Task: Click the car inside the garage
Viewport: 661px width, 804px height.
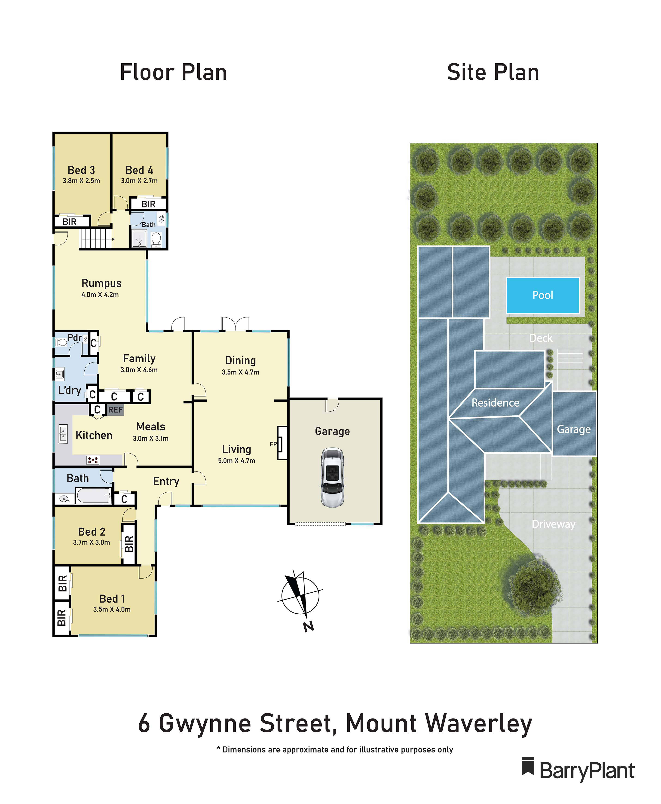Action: (x=332, y=477)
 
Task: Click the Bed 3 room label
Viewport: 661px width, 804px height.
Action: (x=81, y=170)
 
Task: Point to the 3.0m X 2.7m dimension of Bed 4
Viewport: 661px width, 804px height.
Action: (x=139, y=181)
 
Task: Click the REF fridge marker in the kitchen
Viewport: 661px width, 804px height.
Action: (x=115, y=410)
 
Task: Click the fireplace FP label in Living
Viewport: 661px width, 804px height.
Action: (x=273, y=444)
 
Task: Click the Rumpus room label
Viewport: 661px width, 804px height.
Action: (x=102, y=283)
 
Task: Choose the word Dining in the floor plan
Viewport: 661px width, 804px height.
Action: (x=240, y=360)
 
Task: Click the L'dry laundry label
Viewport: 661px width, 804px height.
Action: (x=69, y=390)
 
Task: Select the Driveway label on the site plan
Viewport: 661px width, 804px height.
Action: (x=553, y=524)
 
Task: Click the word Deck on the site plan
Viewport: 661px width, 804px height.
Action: (x=541, y=338)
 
